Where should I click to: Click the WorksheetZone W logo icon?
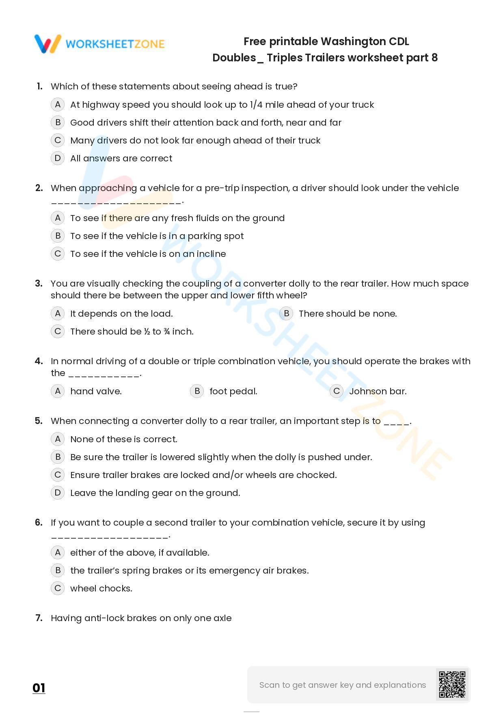click(x=48, y=44)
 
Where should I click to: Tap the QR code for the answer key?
click(x=452, y=685)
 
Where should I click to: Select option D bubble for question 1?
click(x=58, y=158)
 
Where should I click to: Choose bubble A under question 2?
click(x=58, y=218)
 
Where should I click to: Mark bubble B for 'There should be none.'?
click(x=286, y=313)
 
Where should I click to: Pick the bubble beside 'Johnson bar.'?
click(x=336, y=391)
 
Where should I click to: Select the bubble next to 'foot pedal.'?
click(x=197, y=391)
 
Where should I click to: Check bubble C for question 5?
click(x=58, y=475)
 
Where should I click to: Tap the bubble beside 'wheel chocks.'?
click(x=58, y=588)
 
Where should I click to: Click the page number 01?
click(x=39, y=688)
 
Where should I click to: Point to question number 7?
click(x=39, y=618)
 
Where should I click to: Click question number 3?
click(x=39, y=283)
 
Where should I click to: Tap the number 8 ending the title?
click(x=435, y=58)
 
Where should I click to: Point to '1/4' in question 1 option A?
click(x=257, y=104)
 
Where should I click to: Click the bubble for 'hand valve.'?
click(x=58, y=391)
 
